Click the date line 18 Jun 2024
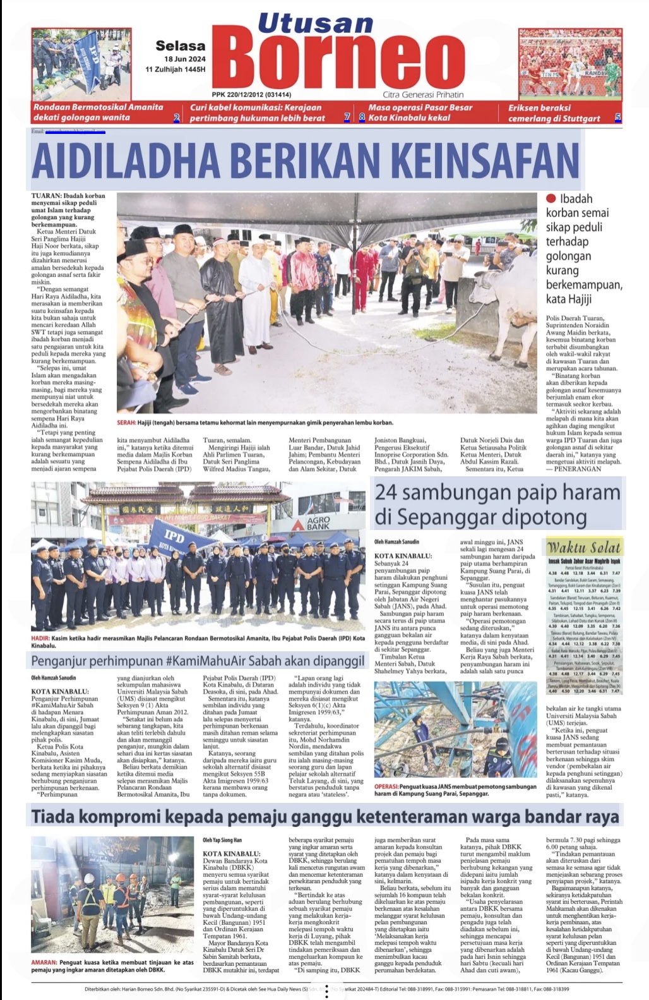pyautogui.click(x=185, y=59)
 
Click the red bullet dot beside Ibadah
pyautogui.click(x=551, y=198)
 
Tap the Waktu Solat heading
pyautogui.click(x=584, y=547)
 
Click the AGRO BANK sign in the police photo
pyautogui.click(x=318, y=523)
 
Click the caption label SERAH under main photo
pyautogui.click(x=126, y=423)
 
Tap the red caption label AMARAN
pyautogui.click(x=44, y=963)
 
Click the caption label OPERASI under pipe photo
pyautogui.click(x=386, y=786)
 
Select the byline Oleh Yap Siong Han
pyautogui.click(x=222, y=840)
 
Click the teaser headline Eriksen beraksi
pyautogui.click(x=539, y=108)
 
